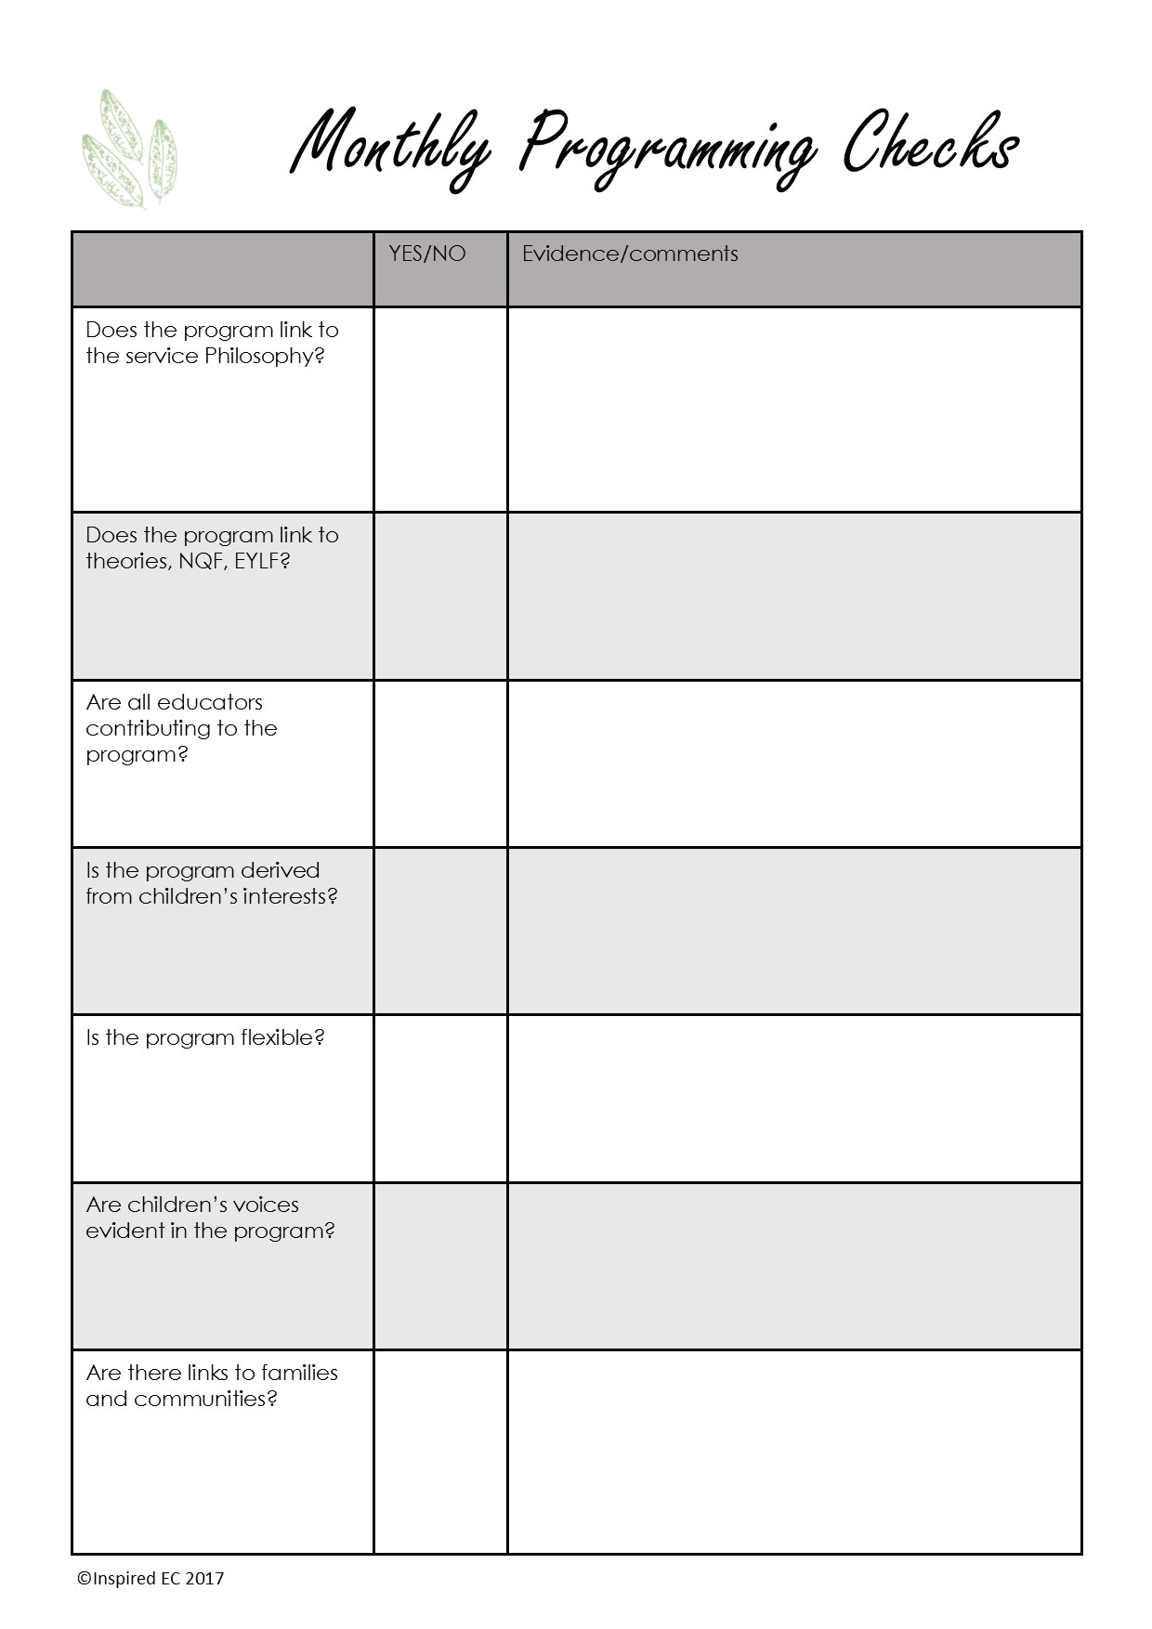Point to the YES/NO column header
[427, 254]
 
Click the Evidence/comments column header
[630, 254]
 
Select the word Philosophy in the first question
[264, 357]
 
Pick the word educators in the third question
[210, 702]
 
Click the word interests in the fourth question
[289, 896]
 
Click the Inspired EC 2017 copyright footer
[151, 1578]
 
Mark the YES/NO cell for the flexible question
[440, 1098]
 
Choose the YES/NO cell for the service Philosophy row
[440, 410]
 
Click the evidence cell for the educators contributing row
[794, 763]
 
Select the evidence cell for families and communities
[794, 1451]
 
